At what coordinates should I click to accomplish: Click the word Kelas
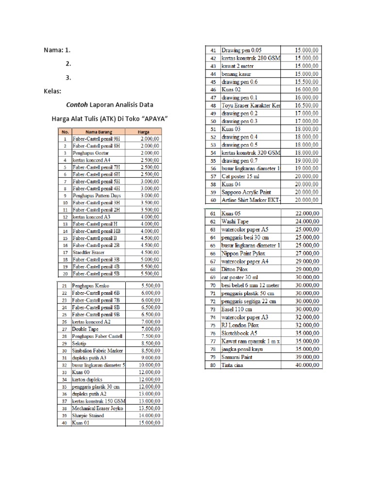click(x=51, y=91)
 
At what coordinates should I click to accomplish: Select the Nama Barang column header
click(x=99, y=132)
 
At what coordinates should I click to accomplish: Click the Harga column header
click(x=143, y=132)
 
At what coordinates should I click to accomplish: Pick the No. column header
click(x=65, y=132)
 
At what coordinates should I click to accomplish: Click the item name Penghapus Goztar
click(x=87, y=153)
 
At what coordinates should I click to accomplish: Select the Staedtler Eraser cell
click(x=88, y=252)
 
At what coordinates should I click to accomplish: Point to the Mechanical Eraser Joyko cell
click(x=98, y=408)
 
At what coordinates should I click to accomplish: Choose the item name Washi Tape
click(x=235, y=221)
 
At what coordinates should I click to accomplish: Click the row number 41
click(x=213, y=50)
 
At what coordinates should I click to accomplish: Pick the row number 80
click(x=213, y=365)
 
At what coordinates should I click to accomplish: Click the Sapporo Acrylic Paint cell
click(x=246, y=192)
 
